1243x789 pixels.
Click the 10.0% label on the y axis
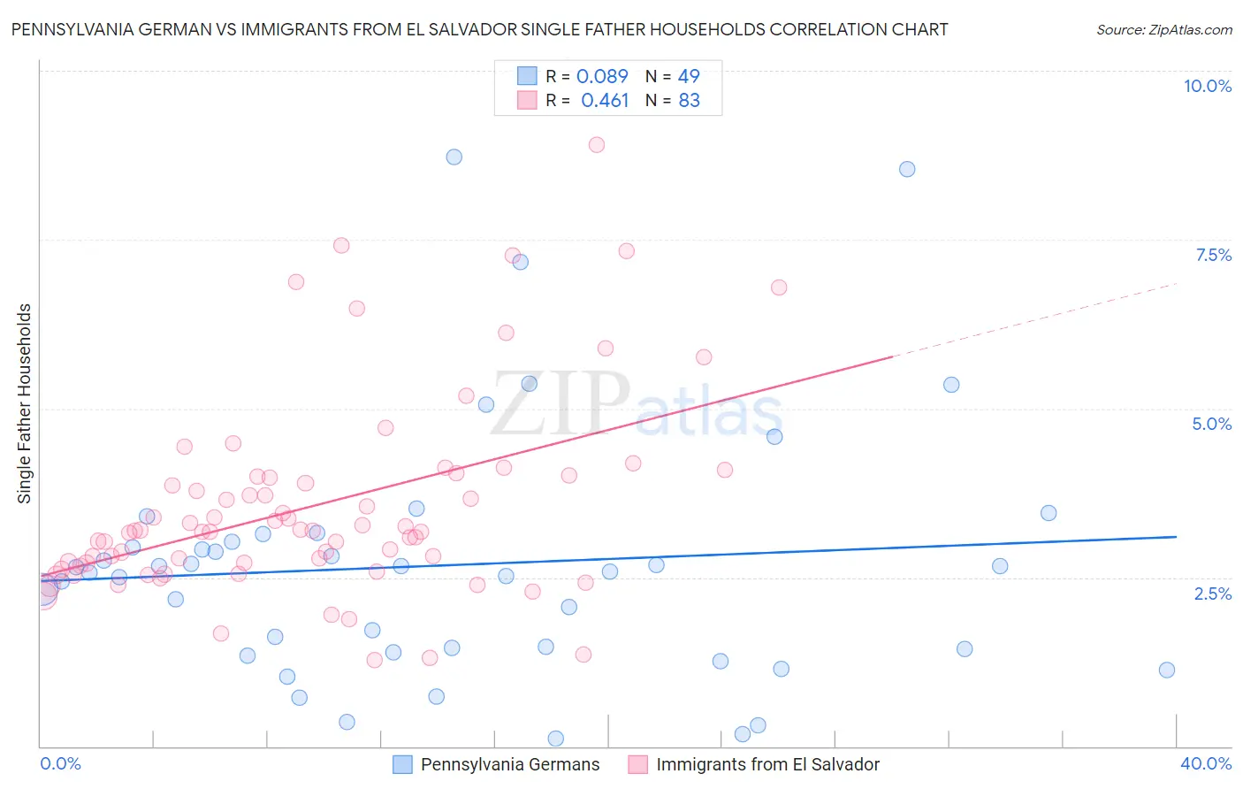[1207, 86]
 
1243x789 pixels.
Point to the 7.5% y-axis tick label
[1213, 255]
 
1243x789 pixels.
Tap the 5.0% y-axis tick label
[1211, 424]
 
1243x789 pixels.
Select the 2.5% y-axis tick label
[1212, 594]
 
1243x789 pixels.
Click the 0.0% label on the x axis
[60, 763]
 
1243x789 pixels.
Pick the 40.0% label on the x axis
[1205, 763]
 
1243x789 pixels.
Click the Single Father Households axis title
[25, 403]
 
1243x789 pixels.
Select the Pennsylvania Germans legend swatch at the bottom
[403, 764]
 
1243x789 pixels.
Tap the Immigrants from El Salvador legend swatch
[638, 764]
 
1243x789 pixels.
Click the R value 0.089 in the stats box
[602, 76]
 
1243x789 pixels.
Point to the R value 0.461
[605, 101]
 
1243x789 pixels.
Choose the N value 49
[689, 76]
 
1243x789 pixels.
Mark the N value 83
[689, 101]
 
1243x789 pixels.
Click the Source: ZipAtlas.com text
[1163, 30]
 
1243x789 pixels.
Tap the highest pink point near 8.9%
[597, 144]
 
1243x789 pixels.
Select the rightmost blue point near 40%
[1167, 670]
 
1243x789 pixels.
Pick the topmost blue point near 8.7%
[454, 157]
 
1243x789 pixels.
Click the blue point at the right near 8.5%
[907, 169]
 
